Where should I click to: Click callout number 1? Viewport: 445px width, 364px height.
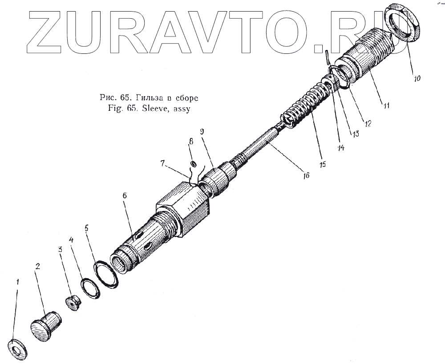click(18, 281)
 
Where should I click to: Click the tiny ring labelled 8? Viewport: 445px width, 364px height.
click(194, 164)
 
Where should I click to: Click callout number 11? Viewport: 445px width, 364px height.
click(386, 106)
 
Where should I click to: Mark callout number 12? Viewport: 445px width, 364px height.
click(367, 122)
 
